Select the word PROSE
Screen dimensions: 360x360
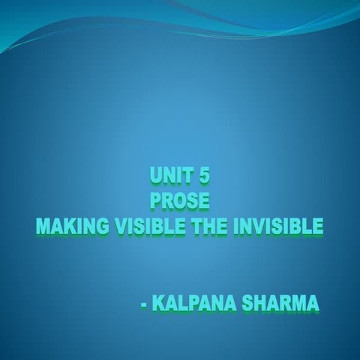[179, 201]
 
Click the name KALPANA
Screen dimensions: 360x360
[190, 304]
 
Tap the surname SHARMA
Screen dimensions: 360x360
[278, 304]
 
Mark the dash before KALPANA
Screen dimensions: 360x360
[144, 306]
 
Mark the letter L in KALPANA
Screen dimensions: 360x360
[181, 304]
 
